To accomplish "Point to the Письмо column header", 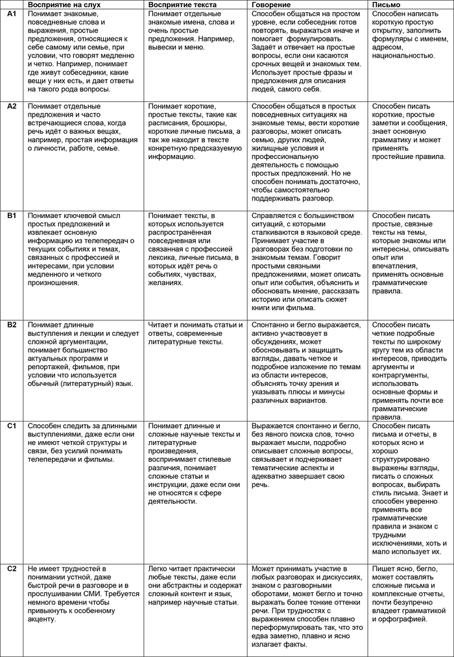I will click(387, 5).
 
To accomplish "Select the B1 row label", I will click(12, 215).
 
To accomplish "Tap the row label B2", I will click(12, 325).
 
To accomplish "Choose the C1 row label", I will click(12, 425).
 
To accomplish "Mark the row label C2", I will click(12, 569).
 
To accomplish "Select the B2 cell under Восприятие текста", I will click(196, 333).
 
